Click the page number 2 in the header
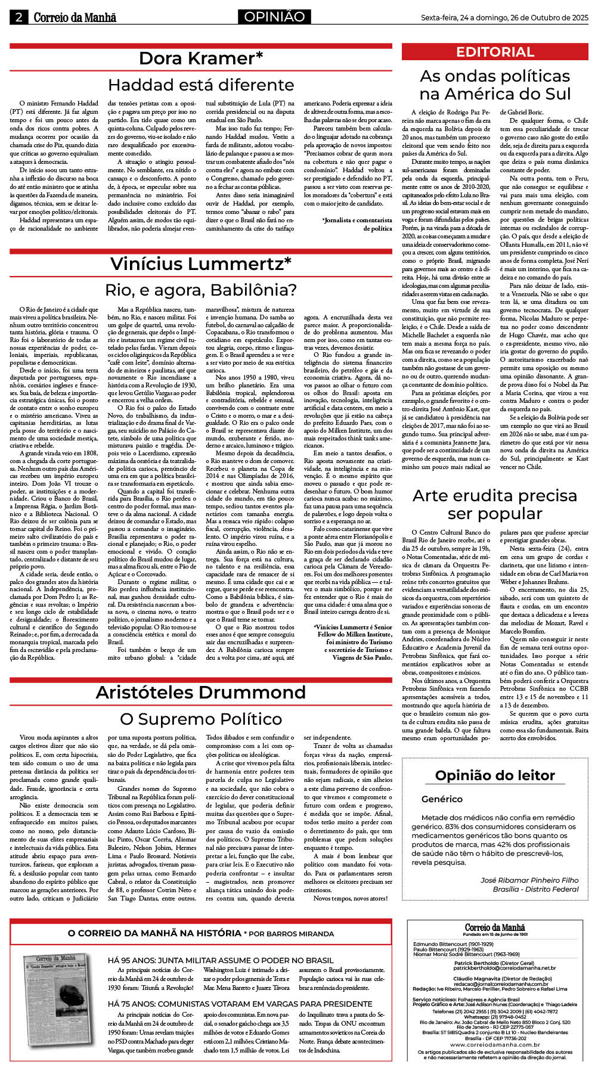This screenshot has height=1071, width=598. (x=18, y=17)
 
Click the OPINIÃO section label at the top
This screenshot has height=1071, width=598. (x=274, y=17)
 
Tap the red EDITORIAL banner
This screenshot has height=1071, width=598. (x=495, y=52)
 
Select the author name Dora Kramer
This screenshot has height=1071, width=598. (x=201, y=58)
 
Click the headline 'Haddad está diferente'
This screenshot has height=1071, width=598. (x=201, y=85)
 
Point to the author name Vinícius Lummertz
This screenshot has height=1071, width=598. (x=201, y=263)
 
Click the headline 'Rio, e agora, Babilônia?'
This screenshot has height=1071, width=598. (x=201, y=290)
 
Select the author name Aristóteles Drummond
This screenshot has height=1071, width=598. (x=201, y=692)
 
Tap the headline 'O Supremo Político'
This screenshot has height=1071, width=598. (x=201, y=719)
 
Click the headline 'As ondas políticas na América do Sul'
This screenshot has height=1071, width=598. (x=495, y=85)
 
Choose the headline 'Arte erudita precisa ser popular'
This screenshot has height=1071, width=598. (x=495, y=504)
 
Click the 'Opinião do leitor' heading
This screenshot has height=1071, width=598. (x=495, y=775)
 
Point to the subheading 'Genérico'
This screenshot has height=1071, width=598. (x=442, y=799)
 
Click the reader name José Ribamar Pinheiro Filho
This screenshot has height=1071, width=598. (x=529, y=880)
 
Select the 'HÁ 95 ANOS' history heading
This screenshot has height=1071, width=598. (x=221, y=960)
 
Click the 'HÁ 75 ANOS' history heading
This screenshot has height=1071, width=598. (x=240, y=1004)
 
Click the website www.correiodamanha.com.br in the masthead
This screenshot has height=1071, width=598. (x=495, y=1045)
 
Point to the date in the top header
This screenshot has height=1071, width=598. (x=504, y=18)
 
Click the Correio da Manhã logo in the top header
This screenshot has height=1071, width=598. (x=75, y=18)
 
